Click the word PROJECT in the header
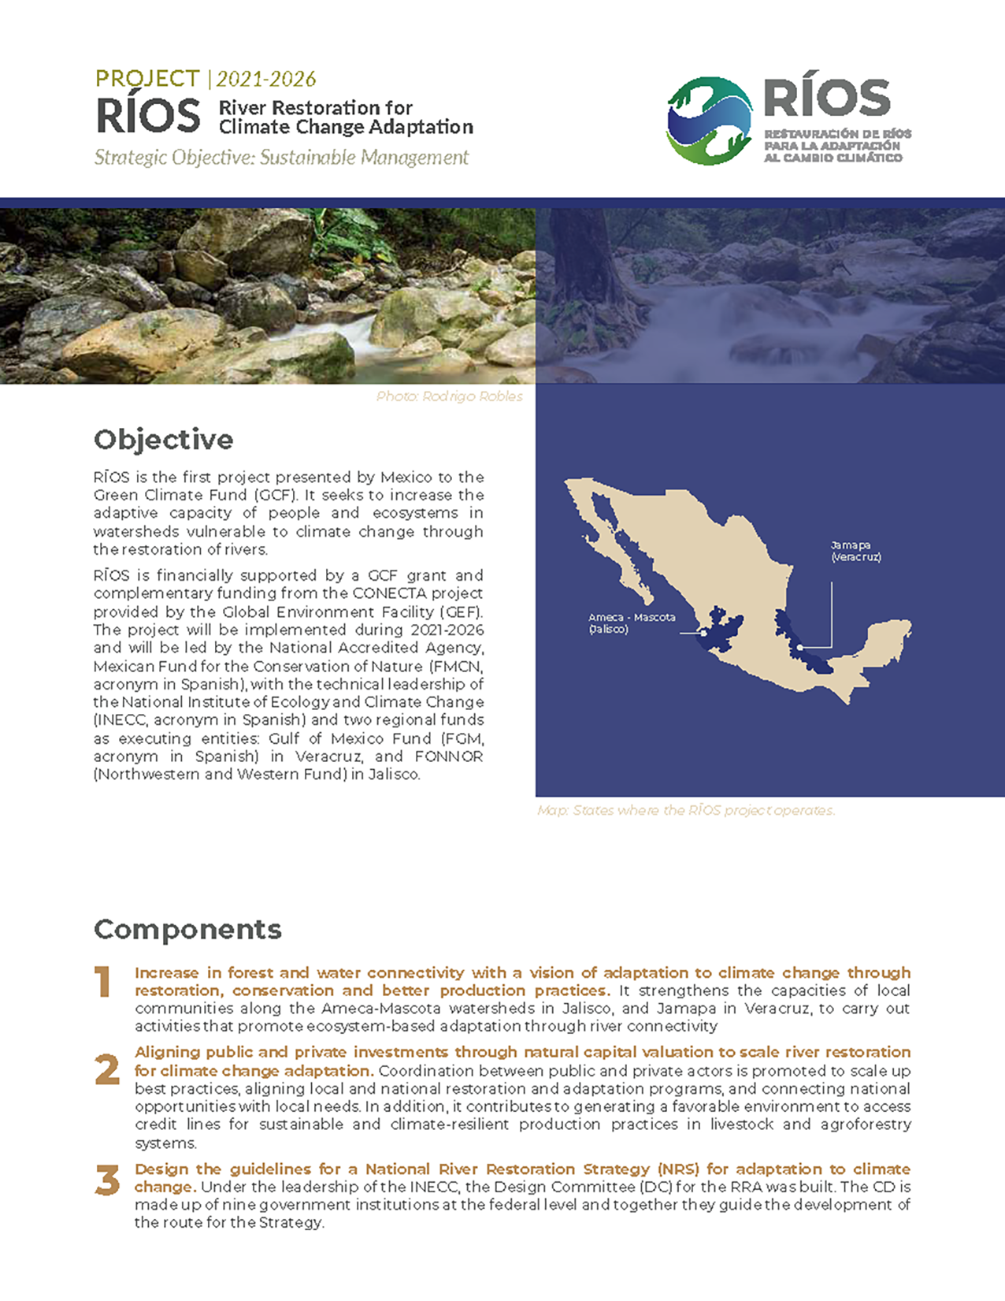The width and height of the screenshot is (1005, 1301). tap(147, 79)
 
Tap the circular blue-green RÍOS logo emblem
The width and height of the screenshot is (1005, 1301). tap(709, 121)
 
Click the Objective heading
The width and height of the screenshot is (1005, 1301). tap(163, 440)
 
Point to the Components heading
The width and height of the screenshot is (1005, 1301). tap(187, 930)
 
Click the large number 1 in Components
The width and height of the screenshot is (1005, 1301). tap(103, 983)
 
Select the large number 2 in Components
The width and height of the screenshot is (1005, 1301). tap(107, 1070)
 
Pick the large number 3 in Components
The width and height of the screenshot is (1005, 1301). tap(107, 1180)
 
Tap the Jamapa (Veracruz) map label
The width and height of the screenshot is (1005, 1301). tap(855, 551)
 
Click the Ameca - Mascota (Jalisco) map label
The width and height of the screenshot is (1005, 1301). tap(632, 623)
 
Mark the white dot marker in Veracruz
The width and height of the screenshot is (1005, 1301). tap(799, 648)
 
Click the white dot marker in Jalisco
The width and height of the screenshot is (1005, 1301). tap(703, 633)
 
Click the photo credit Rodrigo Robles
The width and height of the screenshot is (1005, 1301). tap(449, 396)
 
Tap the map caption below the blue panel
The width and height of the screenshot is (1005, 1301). tap(685, 810)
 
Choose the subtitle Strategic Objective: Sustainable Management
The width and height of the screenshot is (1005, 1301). tap(281, 158)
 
